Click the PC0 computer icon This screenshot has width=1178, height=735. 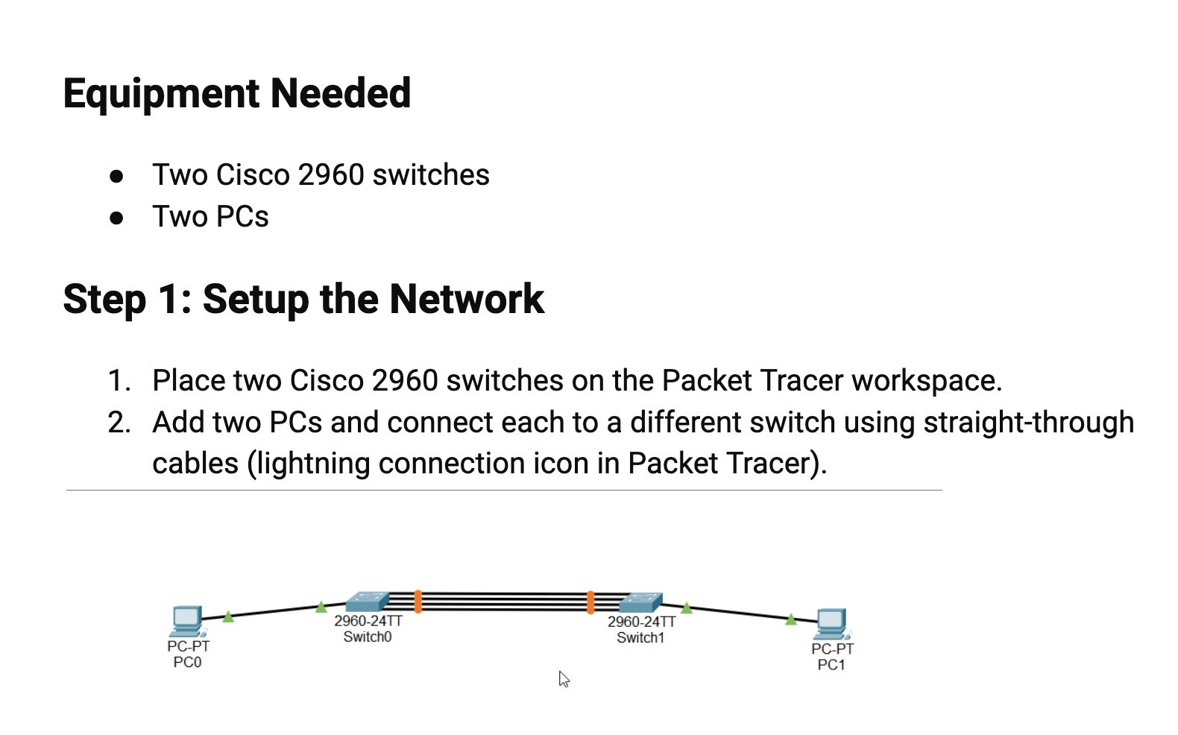(187, 620)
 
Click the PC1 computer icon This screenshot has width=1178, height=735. (832, 623)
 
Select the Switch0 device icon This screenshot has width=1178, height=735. (367, 602)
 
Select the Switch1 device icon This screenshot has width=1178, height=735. (641, 602)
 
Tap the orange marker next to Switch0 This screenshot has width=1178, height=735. (418, 602)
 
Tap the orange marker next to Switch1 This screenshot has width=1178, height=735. (590, 602)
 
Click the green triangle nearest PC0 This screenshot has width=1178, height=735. (228, 616)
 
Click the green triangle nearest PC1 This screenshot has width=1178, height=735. (791, 619)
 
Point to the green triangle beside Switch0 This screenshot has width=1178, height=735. (321, 607)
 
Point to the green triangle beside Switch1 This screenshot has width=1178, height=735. (687, 608)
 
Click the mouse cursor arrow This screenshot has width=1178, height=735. (564, 678)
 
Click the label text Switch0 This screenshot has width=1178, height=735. (367, 637)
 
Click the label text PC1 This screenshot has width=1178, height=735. (831, 665)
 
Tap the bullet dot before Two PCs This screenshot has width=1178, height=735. (116, 218)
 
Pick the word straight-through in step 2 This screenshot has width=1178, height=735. (1028, 423)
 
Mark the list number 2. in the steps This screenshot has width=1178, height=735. (119, 423)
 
